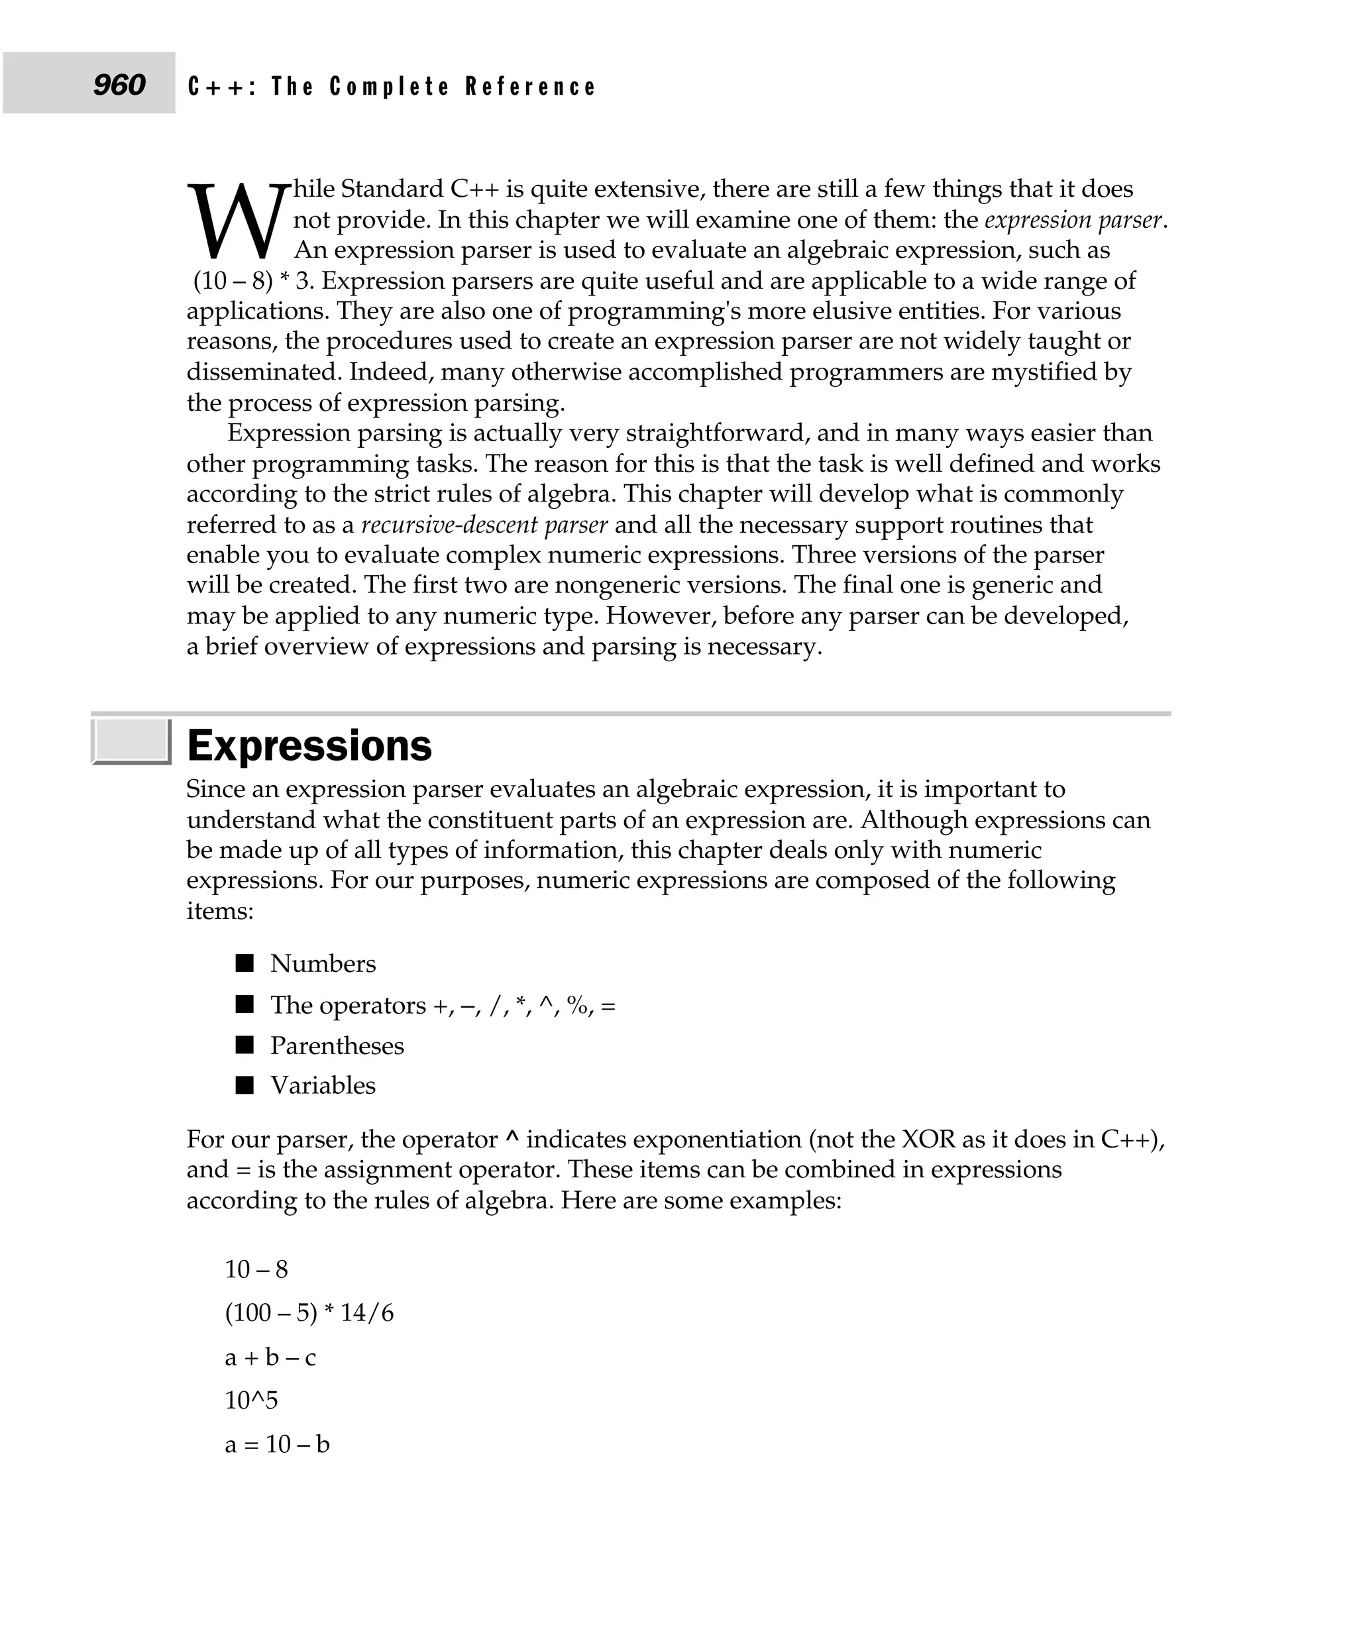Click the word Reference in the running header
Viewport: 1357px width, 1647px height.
531,86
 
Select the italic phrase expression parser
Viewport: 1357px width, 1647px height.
1073,220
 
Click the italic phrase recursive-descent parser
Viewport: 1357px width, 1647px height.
484,525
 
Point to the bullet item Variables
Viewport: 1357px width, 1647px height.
323,1085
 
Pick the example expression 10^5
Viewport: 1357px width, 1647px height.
251,1399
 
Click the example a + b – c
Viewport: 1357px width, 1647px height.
270,1356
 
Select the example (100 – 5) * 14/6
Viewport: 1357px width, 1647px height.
309,1312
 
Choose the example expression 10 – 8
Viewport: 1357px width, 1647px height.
256,1269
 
